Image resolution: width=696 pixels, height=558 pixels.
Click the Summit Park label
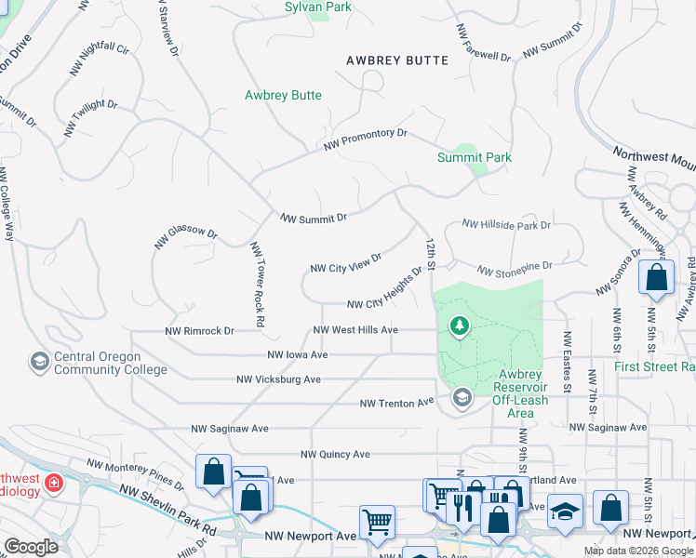[x=475, y=157]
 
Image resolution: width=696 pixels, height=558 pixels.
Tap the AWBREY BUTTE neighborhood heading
[x=397, y=60]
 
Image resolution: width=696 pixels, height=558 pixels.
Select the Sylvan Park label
[x=319, y=7]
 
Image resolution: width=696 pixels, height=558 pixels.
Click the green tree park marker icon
[x=459, y=325]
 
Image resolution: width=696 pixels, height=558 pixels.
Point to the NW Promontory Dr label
[x=366, y=140]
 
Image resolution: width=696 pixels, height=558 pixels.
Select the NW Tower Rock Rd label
[x=258, y=285]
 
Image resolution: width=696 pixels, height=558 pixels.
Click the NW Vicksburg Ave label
[x=278, y=379]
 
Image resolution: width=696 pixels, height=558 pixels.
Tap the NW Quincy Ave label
[x=335, y=454]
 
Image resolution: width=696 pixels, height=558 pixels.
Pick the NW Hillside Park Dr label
[x=506, y=225]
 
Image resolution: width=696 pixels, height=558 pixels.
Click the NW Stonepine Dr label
[x=515, y=268]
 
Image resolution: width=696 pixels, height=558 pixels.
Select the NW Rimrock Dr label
[x=198, y=330]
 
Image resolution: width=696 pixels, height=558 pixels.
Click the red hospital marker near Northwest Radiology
[x=55, y=483]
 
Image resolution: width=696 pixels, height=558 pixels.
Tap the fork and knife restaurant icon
[x=462, y=507]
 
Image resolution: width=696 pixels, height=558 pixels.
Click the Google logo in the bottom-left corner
[x=31, y=547]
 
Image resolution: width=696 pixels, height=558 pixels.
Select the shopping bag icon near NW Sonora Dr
[x=657, y=277]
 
